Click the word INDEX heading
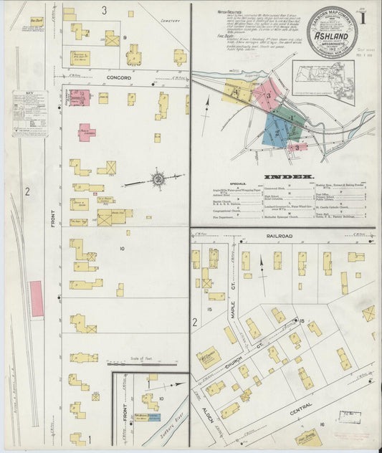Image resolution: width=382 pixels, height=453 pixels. pos(288,176)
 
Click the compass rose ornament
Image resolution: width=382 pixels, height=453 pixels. pos(158,177)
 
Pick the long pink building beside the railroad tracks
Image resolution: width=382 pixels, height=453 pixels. pos(35,300)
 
